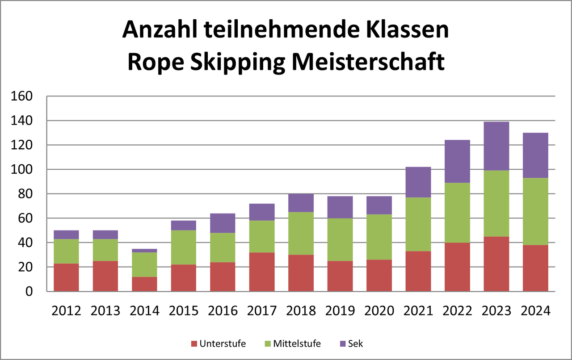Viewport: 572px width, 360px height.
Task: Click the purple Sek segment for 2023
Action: click(x=496, y=146)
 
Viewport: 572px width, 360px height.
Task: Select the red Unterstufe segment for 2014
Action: click(x=144, y=284)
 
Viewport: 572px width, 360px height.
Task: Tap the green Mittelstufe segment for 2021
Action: click(x=418, y=224)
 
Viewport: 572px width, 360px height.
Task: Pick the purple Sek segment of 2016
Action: click(x=223, y=223)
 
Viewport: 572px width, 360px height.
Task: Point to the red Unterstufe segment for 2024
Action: click(x=535, y=268)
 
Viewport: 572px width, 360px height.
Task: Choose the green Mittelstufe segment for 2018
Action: click(x=301, y=234)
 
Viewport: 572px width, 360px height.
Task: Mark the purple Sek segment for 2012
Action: click(x=66, y=234)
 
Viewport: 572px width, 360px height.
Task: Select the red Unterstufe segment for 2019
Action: click(x=340, y=276)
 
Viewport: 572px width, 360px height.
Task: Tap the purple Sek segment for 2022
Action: click(x=457, y=161)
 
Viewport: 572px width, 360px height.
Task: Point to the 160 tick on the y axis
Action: click(x=22, y=96)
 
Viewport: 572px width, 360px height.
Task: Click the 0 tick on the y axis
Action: click(x=29, y=291)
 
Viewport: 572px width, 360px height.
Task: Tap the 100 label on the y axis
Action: click(x=22, y=170)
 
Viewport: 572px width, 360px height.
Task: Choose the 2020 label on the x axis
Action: click(x=379, y=311)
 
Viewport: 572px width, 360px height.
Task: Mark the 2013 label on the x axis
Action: click(x=105, y=311)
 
